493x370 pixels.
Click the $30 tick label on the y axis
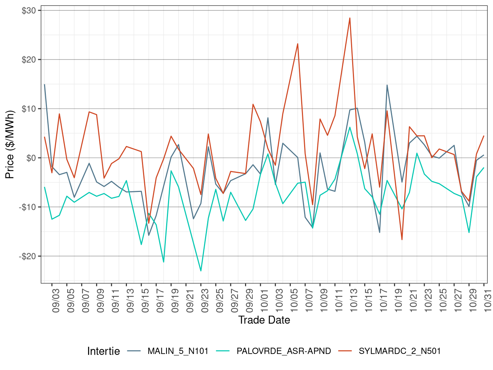pos(29,11)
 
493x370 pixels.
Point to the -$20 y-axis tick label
pos(28,256)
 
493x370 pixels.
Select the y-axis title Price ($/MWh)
pos(10,145)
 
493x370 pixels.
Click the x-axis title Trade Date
pos(264,320)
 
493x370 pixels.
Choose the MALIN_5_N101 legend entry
pos(178,351)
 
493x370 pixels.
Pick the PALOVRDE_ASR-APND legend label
pos(284,351)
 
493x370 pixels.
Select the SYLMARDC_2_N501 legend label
pos(399,351)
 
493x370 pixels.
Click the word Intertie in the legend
pos(103,351)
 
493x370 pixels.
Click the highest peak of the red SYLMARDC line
pos(350,18)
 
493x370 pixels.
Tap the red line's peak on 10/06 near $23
pos(297,44)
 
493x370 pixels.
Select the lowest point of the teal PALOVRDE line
pos(201,271)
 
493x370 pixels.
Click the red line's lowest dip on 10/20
pos(402,240)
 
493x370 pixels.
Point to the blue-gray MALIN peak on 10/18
pos(387,85)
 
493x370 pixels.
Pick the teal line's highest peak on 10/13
pos(350,127)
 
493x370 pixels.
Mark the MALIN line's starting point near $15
pos(44,84)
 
